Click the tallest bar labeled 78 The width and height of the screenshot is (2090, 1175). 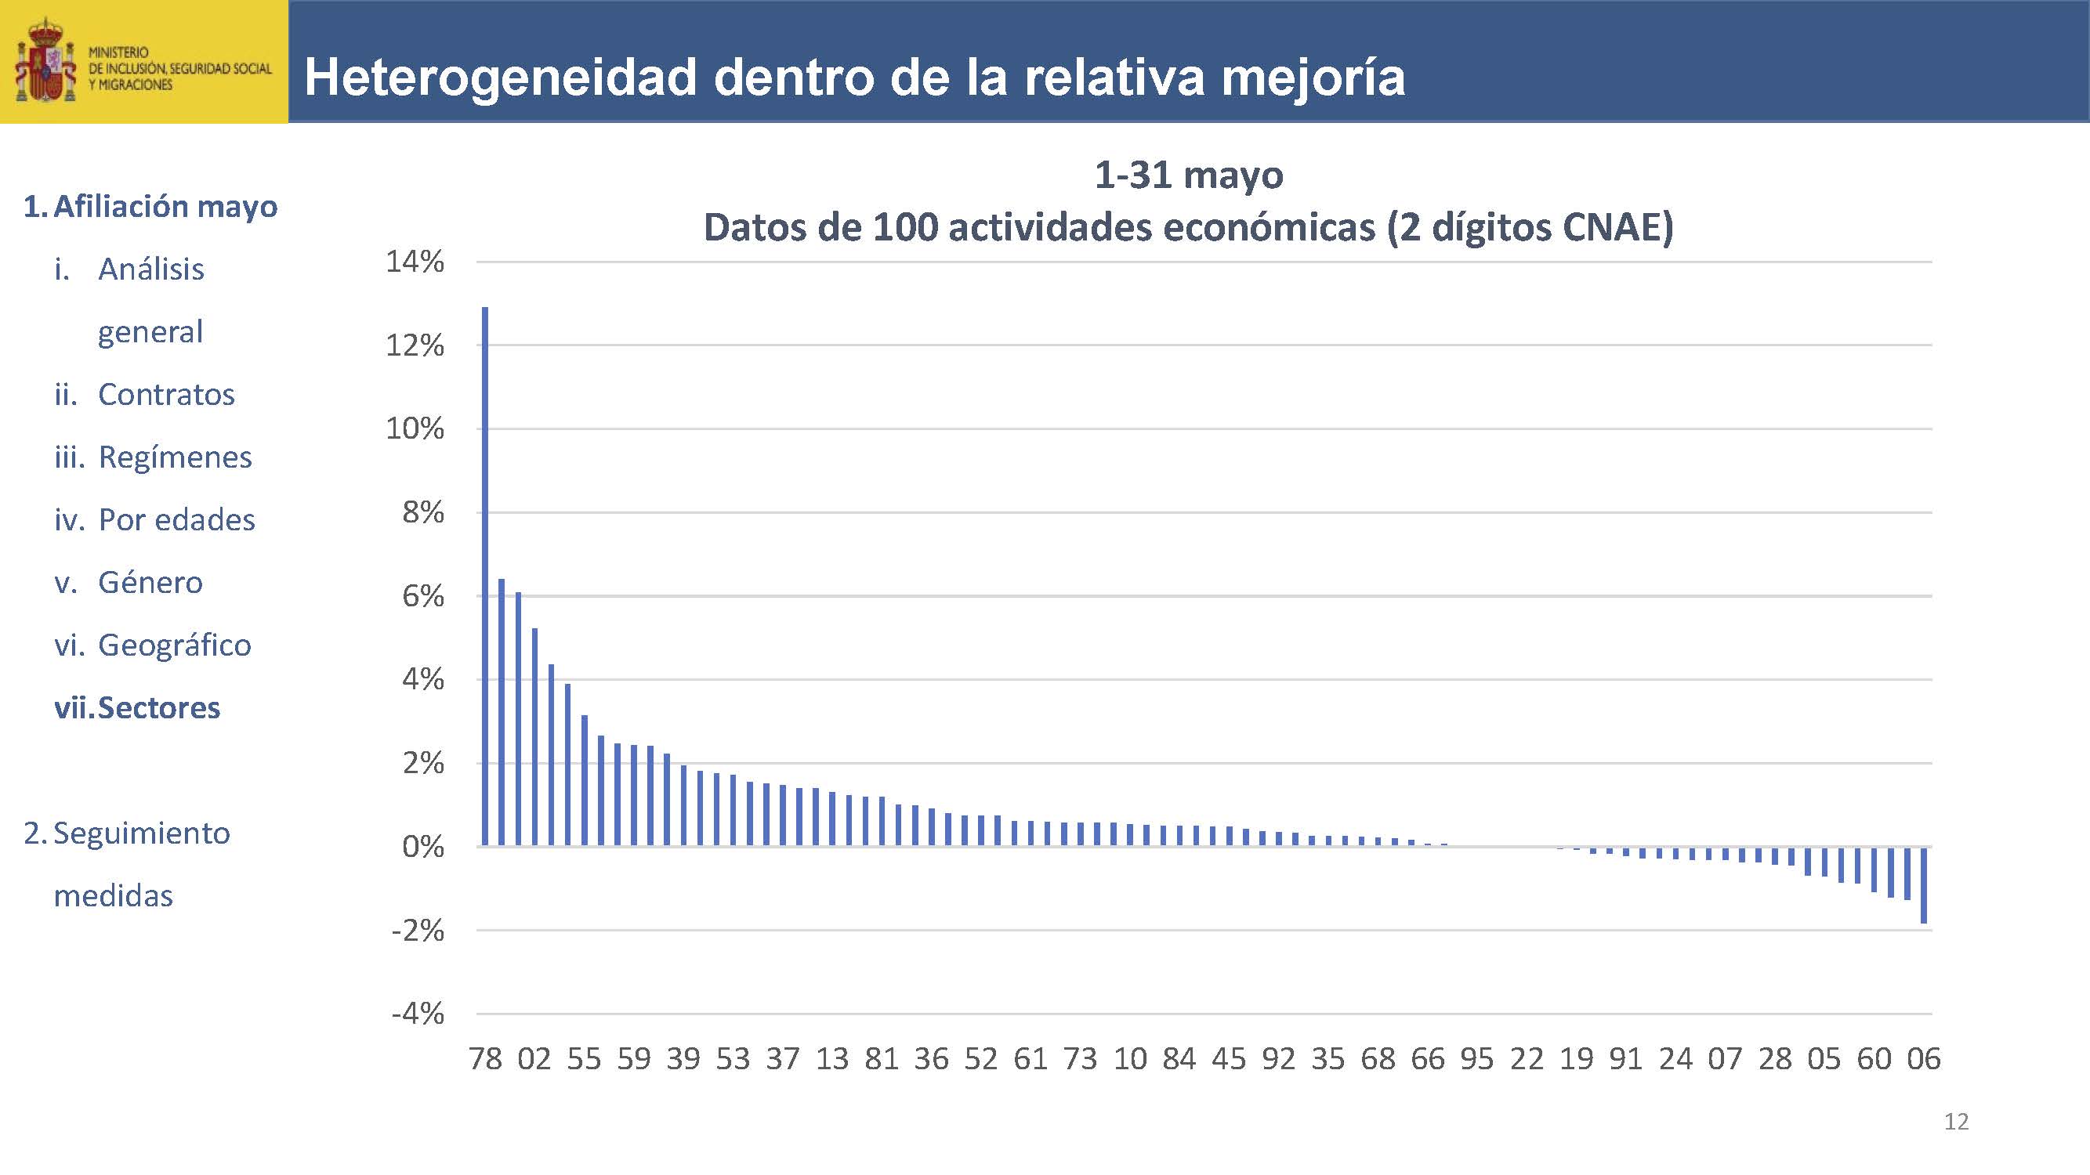(x=485, y=576)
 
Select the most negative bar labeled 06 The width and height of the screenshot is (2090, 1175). (x=1924, y=884)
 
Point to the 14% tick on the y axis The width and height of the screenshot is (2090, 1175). (x=415, y=262)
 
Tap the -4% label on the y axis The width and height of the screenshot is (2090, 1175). (x=417, y=1014)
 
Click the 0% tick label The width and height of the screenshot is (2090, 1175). (x=422, y=848)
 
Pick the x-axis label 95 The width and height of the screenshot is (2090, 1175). (x=1476, y=1059)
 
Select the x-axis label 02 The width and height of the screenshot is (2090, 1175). (x=534, y=1059)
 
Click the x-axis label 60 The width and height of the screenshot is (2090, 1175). (x=1874, y=1059)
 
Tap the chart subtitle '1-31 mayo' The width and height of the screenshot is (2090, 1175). (x=1189, y=175)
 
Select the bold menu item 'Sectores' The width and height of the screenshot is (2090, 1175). (x=159, y=708)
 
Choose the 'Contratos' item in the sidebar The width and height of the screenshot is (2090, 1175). (x=166, y=395)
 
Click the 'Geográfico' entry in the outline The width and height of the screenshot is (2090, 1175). (x=175, y=645)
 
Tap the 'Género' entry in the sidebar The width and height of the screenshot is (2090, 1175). (x=150, y=583)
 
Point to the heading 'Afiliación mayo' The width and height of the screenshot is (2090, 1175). (x=165, y=207)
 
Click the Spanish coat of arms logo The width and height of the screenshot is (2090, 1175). (x=45, y=62)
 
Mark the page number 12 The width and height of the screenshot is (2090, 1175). (x=1956, y=1122)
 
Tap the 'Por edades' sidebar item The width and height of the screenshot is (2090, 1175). (x=176, y=521)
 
